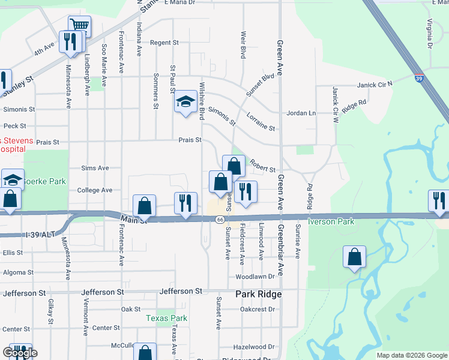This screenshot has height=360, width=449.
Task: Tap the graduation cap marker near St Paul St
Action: pyautogui.click(x=185, y=101)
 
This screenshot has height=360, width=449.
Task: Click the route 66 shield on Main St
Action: pyautogui.click(x=221, y=220)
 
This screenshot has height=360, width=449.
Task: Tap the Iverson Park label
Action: pyautogui.click(x=331, y=221)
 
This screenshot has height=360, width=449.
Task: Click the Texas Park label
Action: pyautogui.click(x=167, y=319)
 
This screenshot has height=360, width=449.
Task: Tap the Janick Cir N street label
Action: pyautogui.click(x=374, y=85)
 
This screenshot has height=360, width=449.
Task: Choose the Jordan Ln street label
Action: pyautogui.click(x=301, y=113)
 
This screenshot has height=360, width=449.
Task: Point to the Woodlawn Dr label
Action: pyautogui.click(x=255, y=277)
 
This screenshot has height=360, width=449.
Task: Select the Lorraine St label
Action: pyautogui.click(x=261, y=128)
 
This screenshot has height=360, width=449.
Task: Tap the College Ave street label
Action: pyautogui.click(x=95, y=190)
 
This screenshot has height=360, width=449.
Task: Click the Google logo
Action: pyautogui.click(x=20, y=353)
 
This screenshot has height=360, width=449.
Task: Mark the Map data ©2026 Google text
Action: pyautogui.click(x=411, y=355)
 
